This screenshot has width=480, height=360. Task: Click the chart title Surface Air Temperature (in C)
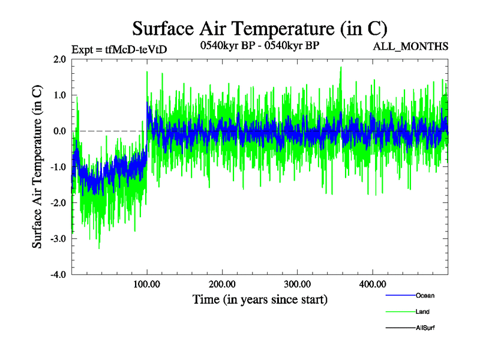tap(259, 28)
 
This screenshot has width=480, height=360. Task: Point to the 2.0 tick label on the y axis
tap(59, 59)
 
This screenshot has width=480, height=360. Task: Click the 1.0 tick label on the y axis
tap(59, 95)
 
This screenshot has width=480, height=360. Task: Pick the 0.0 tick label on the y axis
tap(59, 131)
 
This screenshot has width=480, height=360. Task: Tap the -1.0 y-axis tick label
tap(58, 167)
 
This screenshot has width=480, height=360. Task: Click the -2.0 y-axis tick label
tap(58, 203)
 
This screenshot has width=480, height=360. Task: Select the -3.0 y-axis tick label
tap(58, 239)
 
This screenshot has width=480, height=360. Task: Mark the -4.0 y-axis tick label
tap(58, 275)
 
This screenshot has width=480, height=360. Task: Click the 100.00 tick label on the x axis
tap(147, 284)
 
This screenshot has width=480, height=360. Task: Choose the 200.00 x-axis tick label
tap(222, 284)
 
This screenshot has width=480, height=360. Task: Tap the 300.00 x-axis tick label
tap(297, 284)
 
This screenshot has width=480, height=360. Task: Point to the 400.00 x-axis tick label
tap(372, 284)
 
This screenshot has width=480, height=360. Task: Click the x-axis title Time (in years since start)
tap(260, 299)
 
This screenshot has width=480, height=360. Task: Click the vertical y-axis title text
tap(37, 167)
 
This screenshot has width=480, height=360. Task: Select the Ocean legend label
tap(425, 295)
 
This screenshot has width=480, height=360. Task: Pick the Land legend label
tap(422, 311)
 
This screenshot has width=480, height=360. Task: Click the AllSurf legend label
tap(425, 328)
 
